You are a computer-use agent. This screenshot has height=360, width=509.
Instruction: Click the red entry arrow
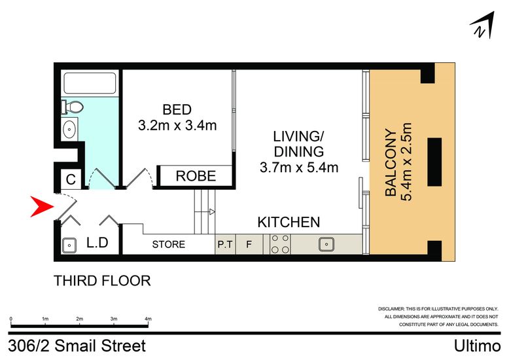[41, 206]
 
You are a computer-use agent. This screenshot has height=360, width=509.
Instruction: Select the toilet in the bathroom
[73, 107]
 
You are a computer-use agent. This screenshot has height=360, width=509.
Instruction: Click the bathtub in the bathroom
[90, 84]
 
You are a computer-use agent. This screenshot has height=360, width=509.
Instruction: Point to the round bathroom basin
[69, 129]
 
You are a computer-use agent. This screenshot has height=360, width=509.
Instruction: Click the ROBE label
[196, 176]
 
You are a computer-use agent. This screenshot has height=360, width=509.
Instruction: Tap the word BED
[177, 109]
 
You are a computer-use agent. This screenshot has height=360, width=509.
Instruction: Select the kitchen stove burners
[280, 243]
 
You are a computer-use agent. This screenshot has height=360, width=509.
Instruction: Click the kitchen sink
[326, 244]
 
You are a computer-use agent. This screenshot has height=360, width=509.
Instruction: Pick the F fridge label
[249, 244]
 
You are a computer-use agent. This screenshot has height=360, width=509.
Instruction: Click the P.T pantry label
[225, 244]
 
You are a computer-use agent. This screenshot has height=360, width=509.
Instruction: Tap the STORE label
[169, 244]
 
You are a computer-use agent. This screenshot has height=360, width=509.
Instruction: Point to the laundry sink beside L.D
[69, 245]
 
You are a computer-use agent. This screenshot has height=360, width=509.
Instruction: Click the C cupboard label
[71, 179]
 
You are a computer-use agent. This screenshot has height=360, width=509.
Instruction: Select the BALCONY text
[391, 162]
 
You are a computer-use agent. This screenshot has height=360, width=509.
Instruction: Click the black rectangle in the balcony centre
[434, 162]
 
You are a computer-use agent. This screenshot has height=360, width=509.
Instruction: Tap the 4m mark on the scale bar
[148, 319]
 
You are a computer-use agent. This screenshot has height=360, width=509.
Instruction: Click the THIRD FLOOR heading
[102, 281]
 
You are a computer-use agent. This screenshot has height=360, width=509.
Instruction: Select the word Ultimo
[477, 346]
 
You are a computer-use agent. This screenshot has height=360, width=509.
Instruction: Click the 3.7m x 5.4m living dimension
[299, 168]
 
